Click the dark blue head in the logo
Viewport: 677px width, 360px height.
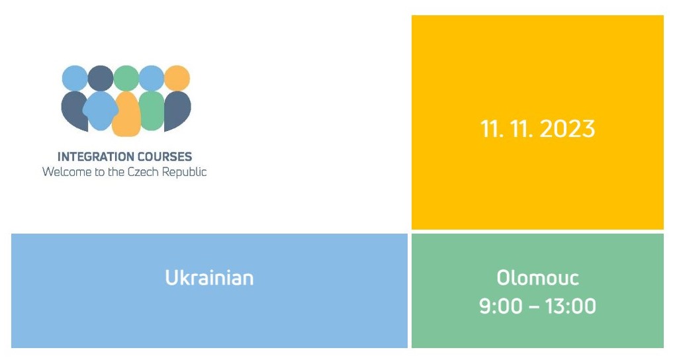pos(101,78)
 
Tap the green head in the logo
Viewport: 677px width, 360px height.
pos(126,78)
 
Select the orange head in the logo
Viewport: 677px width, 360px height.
pos(177,78)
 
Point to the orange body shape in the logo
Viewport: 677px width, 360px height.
pos(126,114)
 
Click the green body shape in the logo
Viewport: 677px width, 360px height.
pos(152,111)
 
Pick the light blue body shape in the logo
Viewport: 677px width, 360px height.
pos(100,111)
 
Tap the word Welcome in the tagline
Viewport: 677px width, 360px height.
pos(67,172)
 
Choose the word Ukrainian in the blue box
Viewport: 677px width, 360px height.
pos(209,278)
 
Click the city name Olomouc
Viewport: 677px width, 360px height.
pos(537,277)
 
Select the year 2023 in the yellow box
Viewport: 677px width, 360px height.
pos(567,129)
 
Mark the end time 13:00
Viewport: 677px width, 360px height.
pos(570,306)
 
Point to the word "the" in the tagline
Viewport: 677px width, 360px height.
pos(116,172)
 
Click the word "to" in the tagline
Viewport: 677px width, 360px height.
pos(100,172)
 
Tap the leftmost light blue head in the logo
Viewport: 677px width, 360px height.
pos(75,78)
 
